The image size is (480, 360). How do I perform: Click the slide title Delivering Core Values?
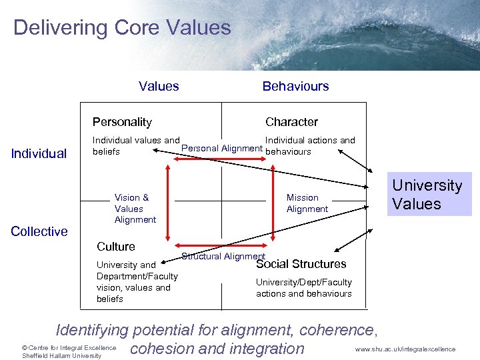tap(122, 28)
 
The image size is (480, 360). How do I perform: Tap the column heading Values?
tap(159, 86)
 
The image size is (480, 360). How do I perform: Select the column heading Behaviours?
tap(295, 86)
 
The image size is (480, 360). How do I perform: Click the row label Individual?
tap(39, 154)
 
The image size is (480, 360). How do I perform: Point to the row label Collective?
tap(39, 231)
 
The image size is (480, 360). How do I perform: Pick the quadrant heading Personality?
tap(122, 122)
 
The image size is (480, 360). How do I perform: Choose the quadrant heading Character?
tap(291, 122)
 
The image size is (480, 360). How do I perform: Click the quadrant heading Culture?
tap(116, 247)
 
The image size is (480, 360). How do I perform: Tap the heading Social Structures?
tap(301, 264)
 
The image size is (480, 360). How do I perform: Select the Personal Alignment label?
tap(222, 148)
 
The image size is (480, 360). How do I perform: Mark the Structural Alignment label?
tap(223, 257)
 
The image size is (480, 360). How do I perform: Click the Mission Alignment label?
tap(307, 203)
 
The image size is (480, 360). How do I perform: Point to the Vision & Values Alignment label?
tap(135, 208)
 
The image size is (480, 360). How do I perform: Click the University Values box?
tap(427, 195)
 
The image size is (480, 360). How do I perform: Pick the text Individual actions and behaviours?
tap(310, 146)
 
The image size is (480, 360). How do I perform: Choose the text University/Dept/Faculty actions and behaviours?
tap(304, 288)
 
